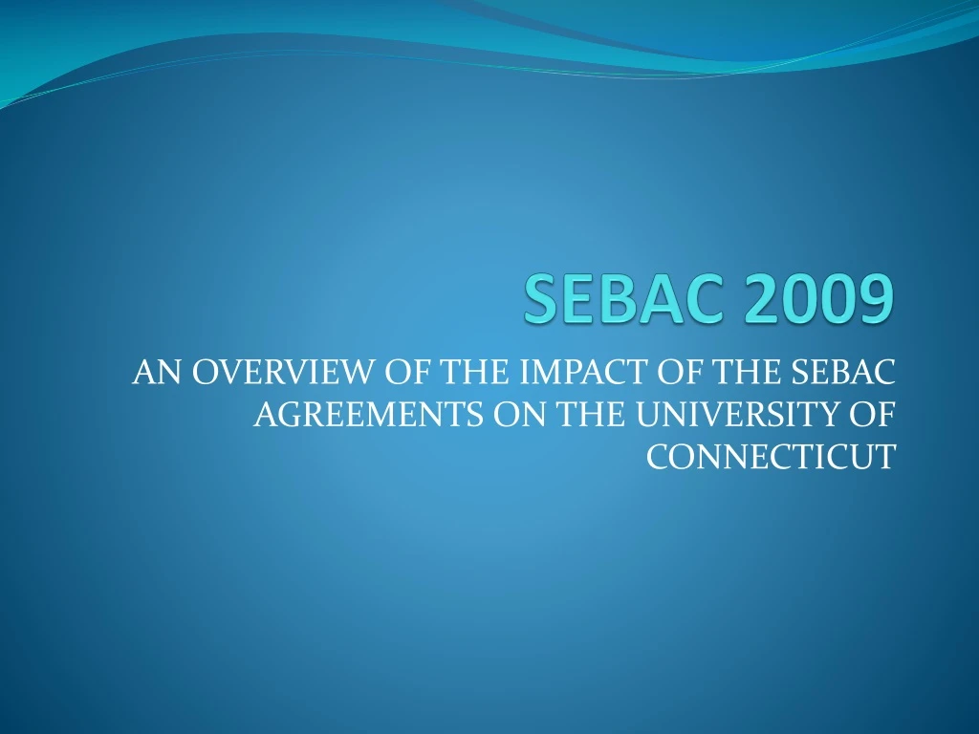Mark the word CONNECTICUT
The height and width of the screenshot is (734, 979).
[x=772, y=457]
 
